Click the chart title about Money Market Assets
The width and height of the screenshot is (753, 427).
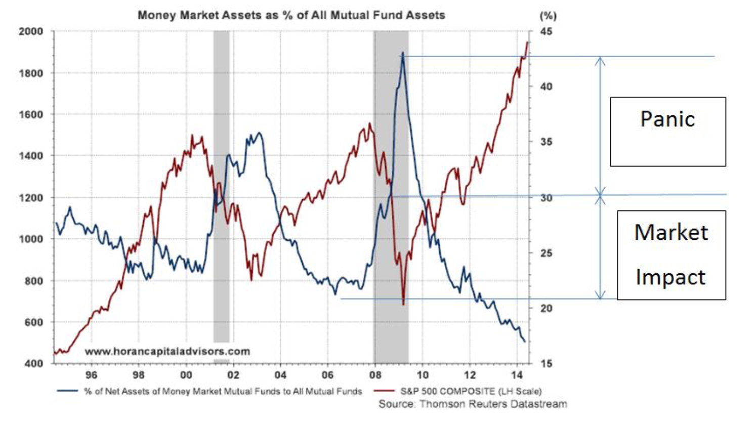click(291, 15)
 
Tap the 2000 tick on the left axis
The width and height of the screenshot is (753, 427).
click(31, 31)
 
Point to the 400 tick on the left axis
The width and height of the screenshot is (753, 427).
click(33, 363)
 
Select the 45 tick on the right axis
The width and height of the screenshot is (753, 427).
click(546, 31)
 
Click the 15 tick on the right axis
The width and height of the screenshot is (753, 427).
click(546, 363)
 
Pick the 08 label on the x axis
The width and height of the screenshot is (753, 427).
click(375, 375)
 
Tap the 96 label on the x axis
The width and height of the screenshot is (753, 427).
click(91, 375)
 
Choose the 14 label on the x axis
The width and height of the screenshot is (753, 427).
click(517, 375)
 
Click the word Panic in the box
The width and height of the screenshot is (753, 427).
click(667, 119)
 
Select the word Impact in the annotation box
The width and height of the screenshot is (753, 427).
click(670, 277)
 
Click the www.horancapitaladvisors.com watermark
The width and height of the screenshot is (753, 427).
click(167, 351)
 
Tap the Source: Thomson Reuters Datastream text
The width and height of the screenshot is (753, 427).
click(473, 404)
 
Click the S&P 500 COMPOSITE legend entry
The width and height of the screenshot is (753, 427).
click(471, 391)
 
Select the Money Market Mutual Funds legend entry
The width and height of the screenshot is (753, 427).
click(223, 391)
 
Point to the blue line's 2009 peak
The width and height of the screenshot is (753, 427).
click(403, 53)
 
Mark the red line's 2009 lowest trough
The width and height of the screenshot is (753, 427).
click(403, 304)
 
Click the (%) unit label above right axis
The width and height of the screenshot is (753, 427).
click(548, 16)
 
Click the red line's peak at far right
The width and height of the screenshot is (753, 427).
click(527, 42)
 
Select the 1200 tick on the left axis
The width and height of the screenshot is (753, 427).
click(31, 197)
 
